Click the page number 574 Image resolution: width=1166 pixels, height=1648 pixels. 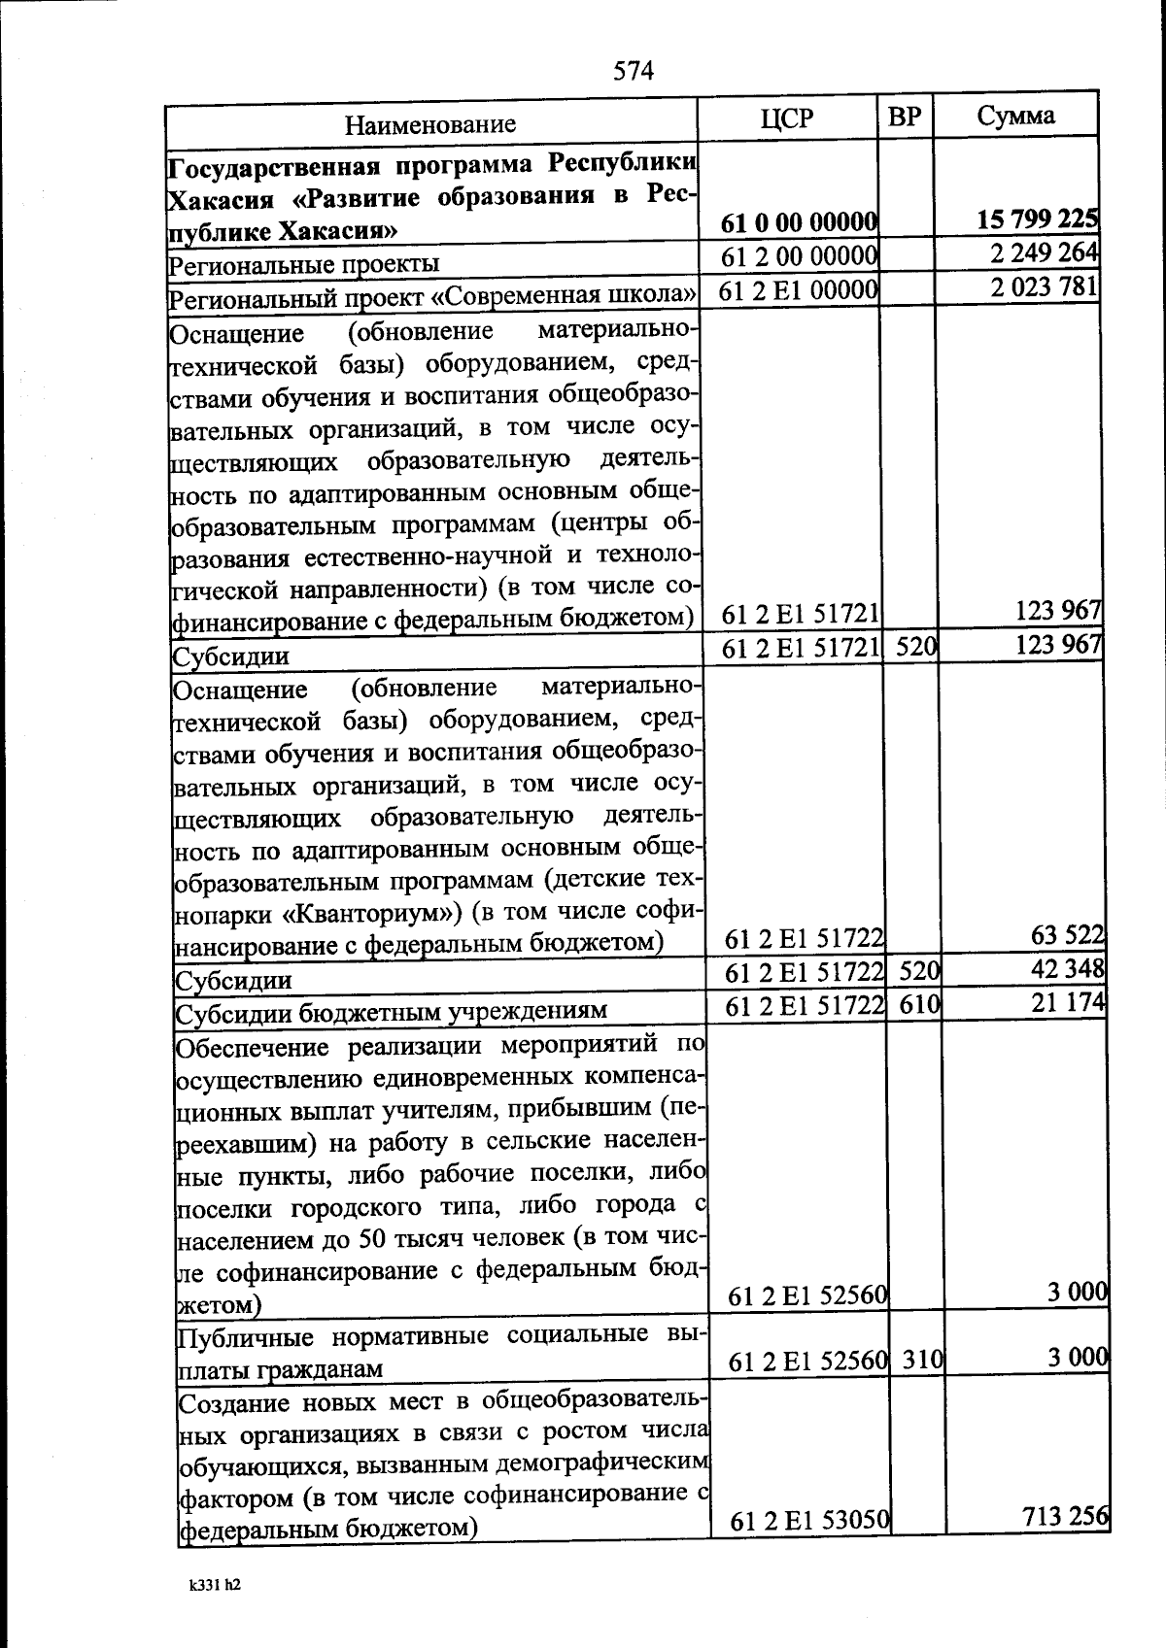[x=634, y=71]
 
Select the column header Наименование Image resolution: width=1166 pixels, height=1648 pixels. [x=430, y=124]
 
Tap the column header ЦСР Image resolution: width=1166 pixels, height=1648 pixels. [x=787, y=118]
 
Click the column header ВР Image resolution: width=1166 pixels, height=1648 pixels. [x=905, y=118]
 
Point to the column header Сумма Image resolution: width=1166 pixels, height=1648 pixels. [x=1015, y=116]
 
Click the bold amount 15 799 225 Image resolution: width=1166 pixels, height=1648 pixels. [x=1037, y=219]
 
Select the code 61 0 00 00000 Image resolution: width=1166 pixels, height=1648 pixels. [x=800, y=223]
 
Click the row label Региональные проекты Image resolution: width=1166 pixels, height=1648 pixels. [x=304, y=264]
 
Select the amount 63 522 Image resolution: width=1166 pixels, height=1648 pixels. [x=1066, y=934]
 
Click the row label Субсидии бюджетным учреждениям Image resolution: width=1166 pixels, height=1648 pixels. [x=391, y=1011]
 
